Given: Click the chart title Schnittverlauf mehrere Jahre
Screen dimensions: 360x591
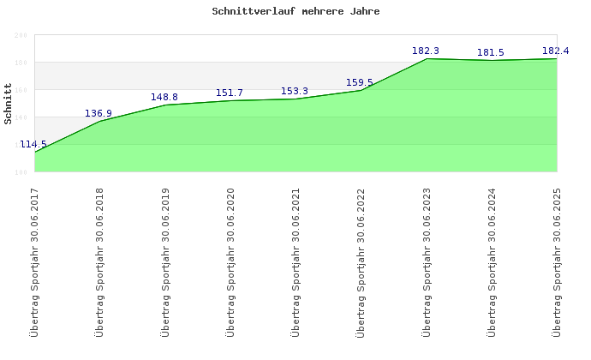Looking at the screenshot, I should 295,12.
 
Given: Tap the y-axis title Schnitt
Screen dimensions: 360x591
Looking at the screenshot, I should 9,104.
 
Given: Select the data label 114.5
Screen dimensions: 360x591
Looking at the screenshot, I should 33,145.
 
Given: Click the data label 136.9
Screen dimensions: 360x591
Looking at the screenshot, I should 98,113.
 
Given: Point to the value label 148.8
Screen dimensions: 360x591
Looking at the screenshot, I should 164,97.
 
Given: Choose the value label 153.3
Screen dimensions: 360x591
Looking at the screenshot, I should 295,91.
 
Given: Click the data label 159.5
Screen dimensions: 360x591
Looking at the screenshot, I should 360,82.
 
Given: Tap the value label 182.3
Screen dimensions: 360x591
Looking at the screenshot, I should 426,51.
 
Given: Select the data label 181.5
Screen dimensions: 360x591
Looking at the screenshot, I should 491,52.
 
